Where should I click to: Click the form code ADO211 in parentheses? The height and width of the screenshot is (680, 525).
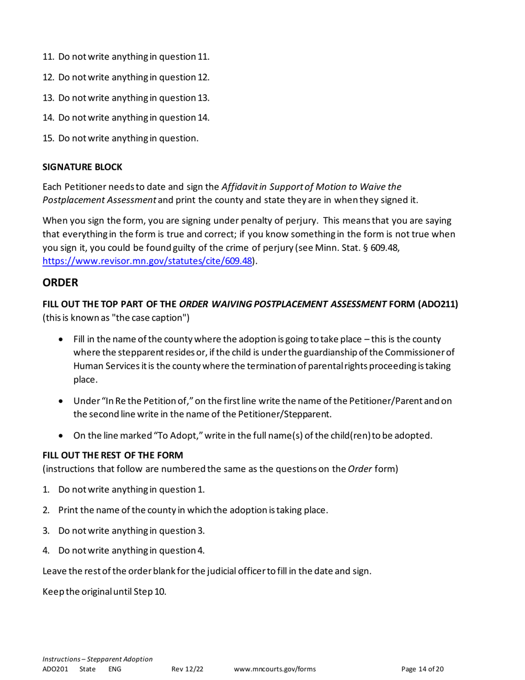(x=438, y=304)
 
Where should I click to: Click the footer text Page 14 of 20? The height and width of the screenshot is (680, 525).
(x=422, y=669)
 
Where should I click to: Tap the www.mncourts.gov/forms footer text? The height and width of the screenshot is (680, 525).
(x=275, y=669)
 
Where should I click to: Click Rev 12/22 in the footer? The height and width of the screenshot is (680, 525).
(x=187, y=669)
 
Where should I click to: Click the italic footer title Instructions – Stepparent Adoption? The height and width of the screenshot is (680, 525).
(x=97, y=658)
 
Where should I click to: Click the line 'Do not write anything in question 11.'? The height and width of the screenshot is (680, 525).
(x=126, y=56)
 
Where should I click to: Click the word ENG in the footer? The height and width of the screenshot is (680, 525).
(x=114, y=669)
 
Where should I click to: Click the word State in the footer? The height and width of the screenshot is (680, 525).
(x=87, y=669)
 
